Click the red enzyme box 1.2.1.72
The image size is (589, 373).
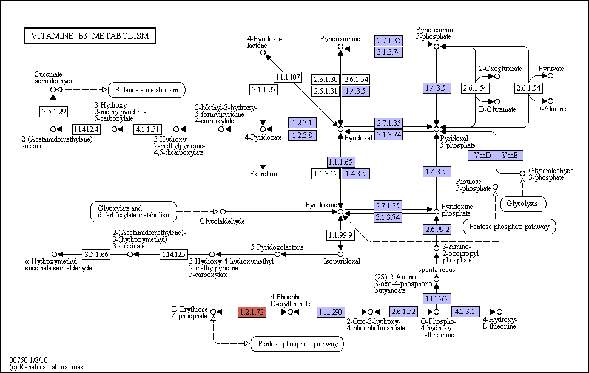tap(252, 312)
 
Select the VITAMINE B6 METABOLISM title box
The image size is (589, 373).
tap(90, 35)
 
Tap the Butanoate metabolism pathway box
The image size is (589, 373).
tap(147, 90)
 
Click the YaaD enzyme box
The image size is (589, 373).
tap(482, 156)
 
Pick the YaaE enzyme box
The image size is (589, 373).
tap(510, 156)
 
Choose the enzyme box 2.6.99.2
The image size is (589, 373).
tap(437, 230)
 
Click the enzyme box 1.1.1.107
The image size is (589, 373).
tap(288, 77)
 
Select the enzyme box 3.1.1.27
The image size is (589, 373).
tap(264, 90)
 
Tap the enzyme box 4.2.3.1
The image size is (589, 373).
tap(465, 311)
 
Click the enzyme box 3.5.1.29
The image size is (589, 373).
tap(54, 111)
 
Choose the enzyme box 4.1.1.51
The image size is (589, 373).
tap(147, 129)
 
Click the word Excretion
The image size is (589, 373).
tap(263, 174)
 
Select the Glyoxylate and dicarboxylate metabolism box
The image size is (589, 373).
tap(133, 211)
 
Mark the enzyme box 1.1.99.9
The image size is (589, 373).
tap(340, 235)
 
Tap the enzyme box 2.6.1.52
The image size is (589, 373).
tap(403, 311)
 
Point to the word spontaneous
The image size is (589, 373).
tap(437, 270)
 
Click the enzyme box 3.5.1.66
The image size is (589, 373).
tap(96, 255)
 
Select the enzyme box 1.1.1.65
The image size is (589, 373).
tap(341, 162)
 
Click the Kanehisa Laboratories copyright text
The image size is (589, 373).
tap(46, 367)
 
